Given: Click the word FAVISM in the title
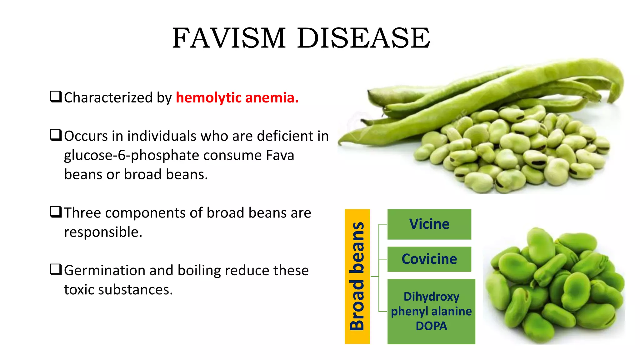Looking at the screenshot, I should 229,38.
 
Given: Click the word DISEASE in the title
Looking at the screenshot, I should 363,38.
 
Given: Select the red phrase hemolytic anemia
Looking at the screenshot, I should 237,97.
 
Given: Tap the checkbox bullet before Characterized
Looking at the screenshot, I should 56,97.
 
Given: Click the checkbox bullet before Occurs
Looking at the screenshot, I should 56,135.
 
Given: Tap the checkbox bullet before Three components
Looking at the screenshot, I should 56,212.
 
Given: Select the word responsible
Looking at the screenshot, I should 103,232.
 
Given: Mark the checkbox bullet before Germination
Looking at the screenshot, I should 56,269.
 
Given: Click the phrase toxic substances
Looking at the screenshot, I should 118,290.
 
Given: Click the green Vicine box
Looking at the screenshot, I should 429,224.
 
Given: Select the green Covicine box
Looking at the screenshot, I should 429,259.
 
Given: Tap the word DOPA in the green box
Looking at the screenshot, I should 431,326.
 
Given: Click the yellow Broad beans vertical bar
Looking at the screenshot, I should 357,276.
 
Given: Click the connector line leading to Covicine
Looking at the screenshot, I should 383,259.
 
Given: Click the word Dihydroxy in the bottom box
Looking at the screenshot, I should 431,296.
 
